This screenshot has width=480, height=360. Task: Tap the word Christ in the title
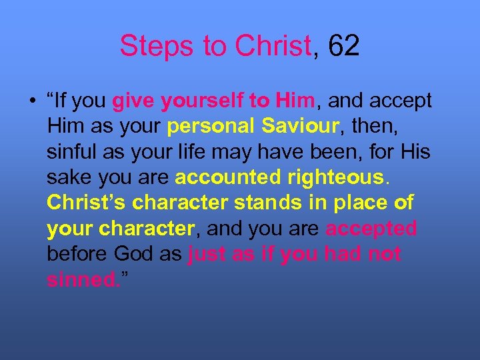coord(273,45)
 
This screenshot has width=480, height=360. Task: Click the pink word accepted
coord(371,228)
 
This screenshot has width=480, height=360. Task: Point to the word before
coord(77,253)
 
